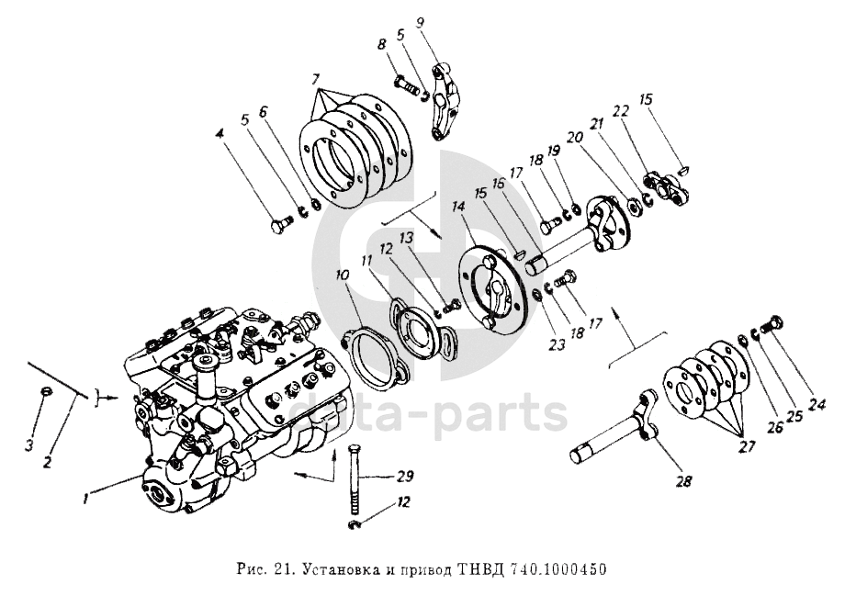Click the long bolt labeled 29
tap(355, 482)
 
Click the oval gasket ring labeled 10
tap(368, 358)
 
